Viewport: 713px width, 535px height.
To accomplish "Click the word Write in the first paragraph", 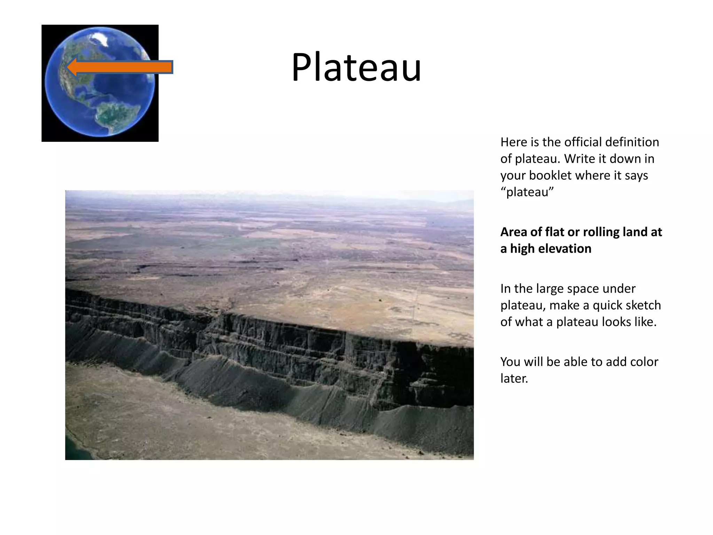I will [579, 159].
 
